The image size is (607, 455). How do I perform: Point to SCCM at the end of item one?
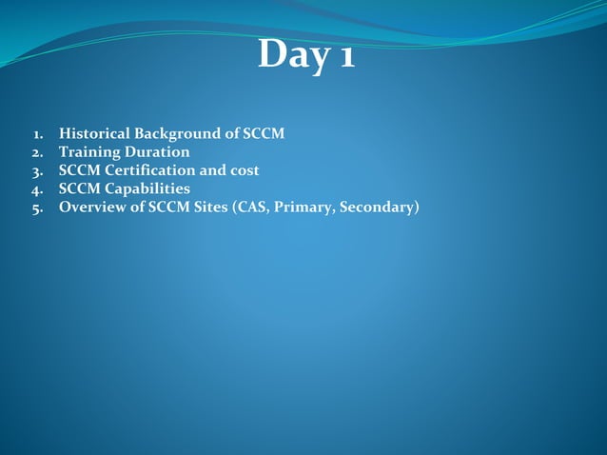264,133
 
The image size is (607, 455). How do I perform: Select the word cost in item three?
243,170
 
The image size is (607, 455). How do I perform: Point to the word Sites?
214,208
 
